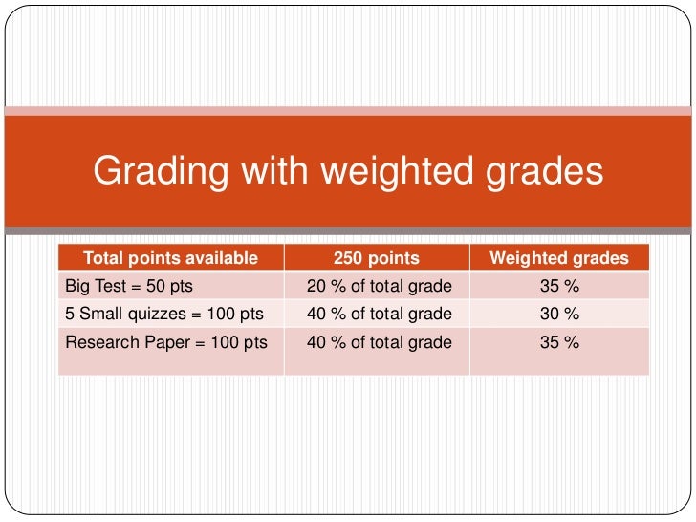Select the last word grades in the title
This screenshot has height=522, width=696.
click(x=543, y=172)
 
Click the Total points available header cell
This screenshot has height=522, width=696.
click(x=170, y=258)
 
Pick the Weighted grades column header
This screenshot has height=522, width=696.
click(x=559, y=258)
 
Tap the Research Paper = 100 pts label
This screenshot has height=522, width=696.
click(x=165, y=341)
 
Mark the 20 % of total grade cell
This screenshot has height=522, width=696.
click(x=379, y=286)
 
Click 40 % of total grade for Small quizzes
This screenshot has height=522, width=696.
click(x=379, y=314)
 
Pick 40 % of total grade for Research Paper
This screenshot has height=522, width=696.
click(x=379, y=341)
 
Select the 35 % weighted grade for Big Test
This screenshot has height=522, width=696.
click(x=559, y=286)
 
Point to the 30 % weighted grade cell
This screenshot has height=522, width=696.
click(x=559, y=314)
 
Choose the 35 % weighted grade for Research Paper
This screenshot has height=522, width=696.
click(x=559, y=341)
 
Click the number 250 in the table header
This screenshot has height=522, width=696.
click(x=348, y=258)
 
